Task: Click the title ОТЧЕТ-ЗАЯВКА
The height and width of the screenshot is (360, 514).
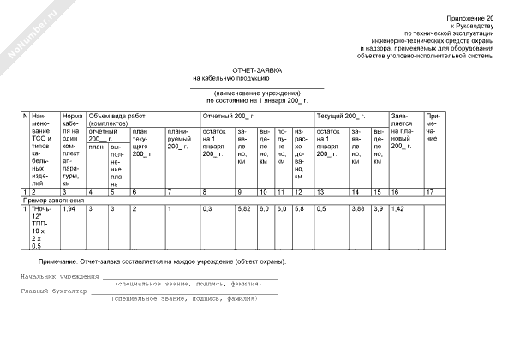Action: pos(257,70)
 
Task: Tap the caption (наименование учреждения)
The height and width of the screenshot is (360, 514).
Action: pos(257,93)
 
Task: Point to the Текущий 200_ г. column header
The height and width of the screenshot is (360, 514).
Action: pos(341,115)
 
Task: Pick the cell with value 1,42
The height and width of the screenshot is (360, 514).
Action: pos(397,209)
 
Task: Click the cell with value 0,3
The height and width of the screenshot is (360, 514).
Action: pos(206,209)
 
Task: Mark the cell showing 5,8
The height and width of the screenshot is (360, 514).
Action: pos(299,209)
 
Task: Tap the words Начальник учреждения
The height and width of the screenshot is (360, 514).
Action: pos(57,279)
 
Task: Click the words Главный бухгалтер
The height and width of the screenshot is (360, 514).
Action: pos(53,292)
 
